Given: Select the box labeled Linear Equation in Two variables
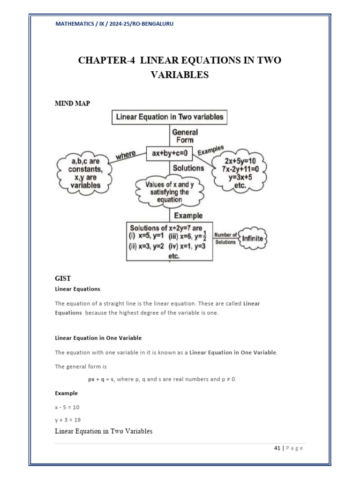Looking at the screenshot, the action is tap(169, 117).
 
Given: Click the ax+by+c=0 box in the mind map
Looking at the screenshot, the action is tap(169, 153).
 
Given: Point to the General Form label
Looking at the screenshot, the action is tap(185, 136).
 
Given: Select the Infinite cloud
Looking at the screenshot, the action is tap(253, 238).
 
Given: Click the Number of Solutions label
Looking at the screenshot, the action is tap(225, 238).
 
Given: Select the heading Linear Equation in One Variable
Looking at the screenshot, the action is tap(98, 337).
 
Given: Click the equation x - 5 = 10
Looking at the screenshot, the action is tap(67, 407).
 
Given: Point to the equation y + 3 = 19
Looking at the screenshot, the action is tap(67, 420).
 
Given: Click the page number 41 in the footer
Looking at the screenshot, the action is tap(277, 448).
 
